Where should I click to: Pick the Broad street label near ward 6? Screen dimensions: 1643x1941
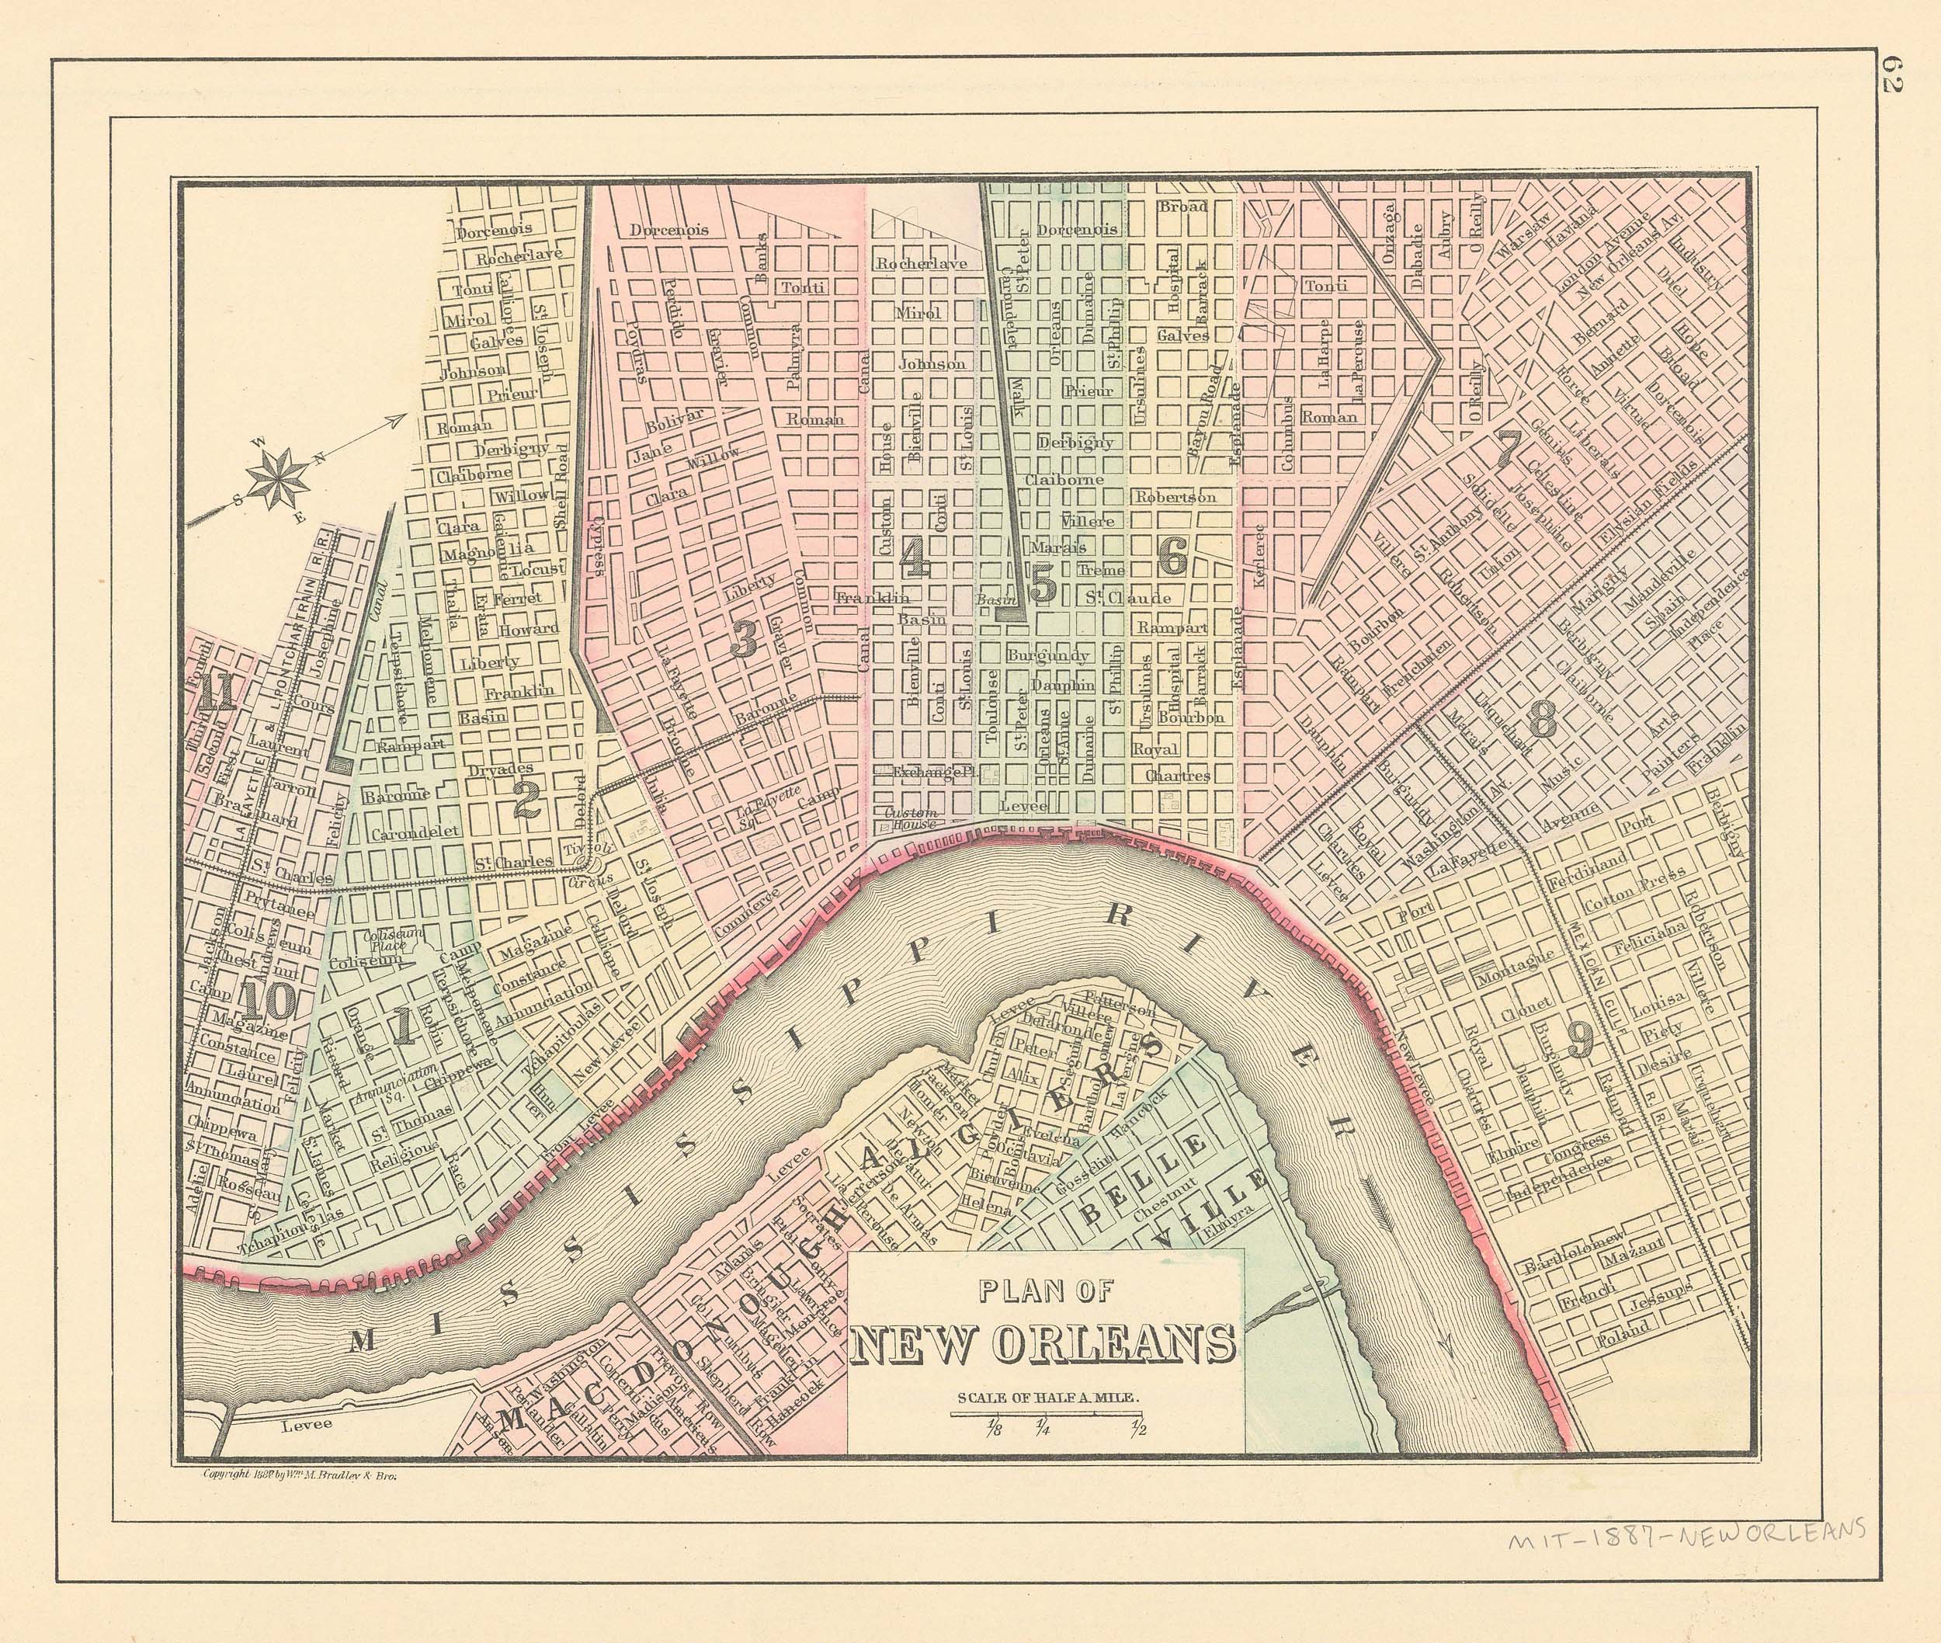tap(1183, 207)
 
